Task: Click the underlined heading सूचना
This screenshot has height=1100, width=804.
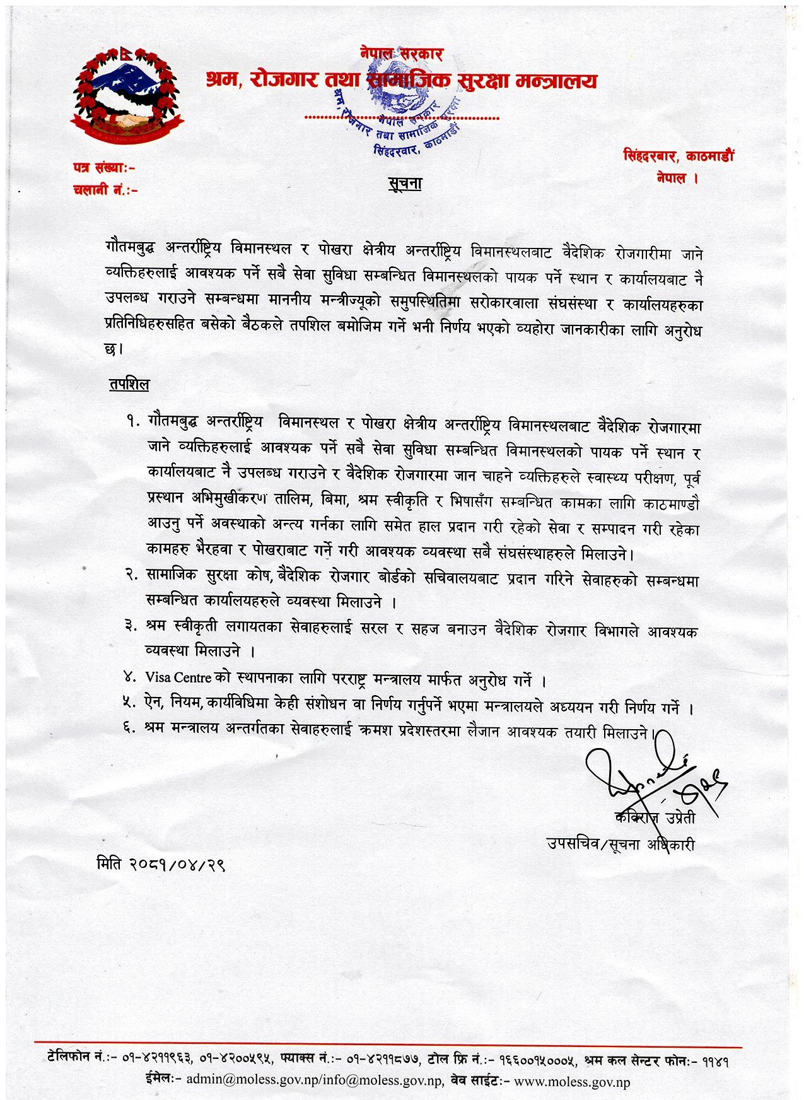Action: coord(404,184)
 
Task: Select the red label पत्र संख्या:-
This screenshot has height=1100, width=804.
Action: coord(104,168)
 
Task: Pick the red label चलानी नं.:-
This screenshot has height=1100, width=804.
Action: coord(105,189)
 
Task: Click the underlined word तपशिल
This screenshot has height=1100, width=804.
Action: coord(129,384)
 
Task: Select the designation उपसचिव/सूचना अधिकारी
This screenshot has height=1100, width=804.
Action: coord(620,844)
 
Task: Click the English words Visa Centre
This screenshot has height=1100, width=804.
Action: coord(178,677)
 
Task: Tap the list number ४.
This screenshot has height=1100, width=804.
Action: coord(131,677)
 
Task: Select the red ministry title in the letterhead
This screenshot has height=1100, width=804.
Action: coord(401,81)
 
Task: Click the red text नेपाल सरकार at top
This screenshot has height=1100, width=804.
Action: coord(402,54)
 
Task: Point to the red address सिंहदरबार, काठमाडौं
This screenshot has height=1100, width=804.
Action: coord(679,156)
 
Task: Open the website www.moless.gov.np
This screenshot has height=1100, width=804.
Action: coord(572,1082)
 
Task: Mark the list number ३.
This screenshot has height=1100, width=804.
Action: coord(131,626)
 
